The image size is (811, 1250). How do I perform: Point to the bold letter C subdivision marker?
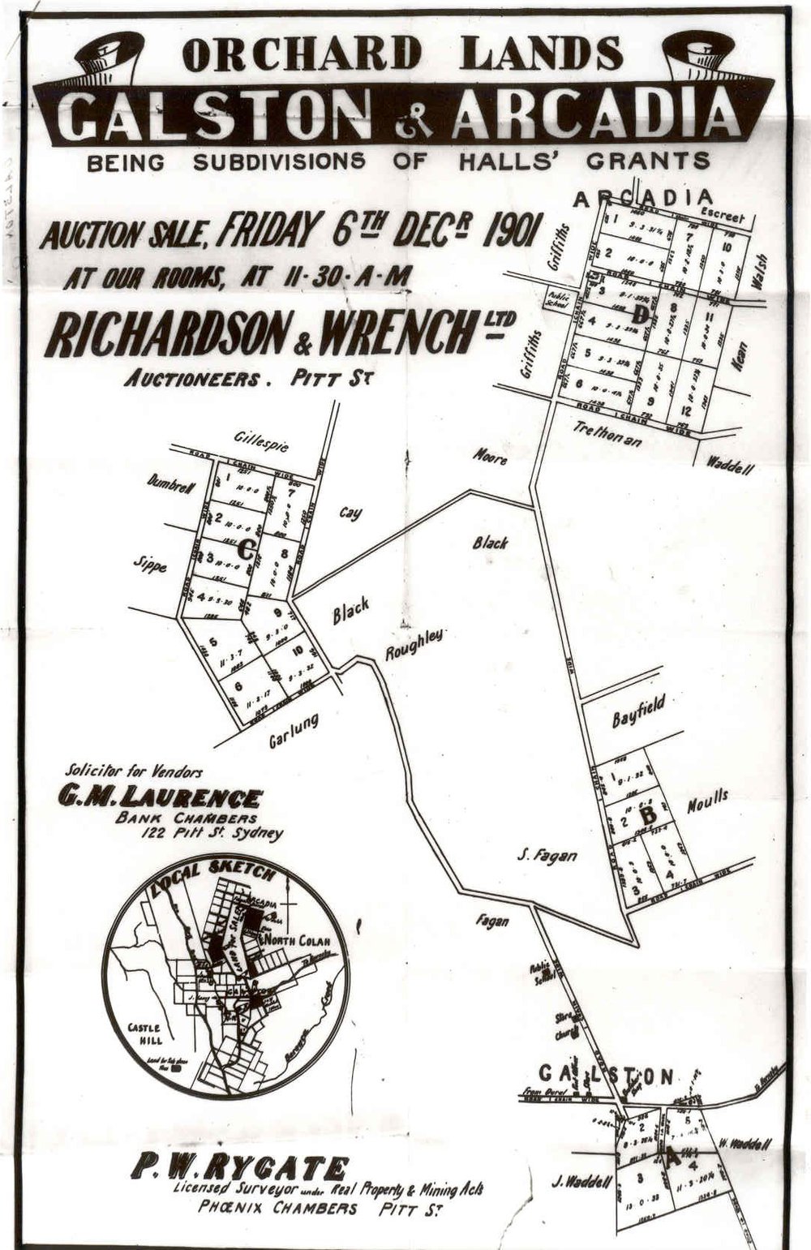click(246, 550)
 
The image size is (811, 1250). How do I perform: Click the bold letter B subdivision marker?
click(648, 814)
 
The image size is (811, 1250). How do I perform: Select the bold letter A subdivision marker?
click(671, 1159)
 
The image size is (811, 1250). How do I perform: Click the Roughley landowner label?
click(414, 644)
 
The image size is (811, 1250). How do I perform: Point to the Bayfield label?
click(638, 711)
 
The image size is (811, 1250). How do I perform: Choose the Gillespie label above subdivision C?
click(261, 441)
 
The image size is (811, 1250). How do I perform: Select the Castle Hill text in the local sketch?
click(146, 1033)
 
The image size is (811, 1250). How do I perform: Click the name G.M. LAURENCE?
click(159, 798)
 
